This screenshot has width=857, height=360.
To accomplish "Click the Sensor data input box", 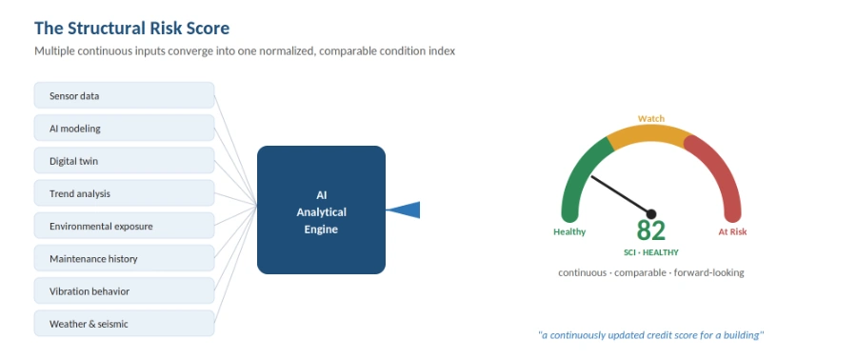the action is (x=124, y=95).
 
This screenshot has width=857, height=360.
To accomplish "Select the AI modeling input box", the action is (x=124, y=129).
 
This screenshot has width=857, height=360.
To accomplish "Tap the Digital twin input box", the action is (x=124, y=161).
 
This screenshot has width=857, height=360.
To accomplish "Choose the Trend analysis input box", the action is (x=124, y=193).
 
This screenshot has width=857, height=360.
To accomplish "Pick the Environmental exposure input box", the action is (x=124, y=226).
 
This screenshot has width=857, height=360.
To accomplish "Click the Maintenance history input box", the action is (x=124, y=258).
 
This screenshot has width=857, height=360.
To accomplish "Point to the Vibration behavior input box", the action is (x=124, y=290).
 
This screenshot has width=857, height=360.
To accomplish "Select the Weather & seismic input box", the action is (x=124, y=324).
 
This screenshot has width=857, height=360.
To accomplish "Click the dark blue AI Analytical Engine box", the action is (x=322, y=210).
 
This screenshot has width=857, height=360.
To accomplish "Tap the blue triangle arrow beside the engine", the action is (x=408, y=210).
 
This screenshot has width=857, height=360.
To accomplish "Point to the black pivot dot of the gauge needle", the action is (x=651, y=214).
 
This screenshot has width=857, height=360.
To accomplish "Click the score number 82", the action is (x=651, y=230).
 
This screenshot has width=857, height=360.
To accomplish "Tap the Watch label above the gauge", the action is (x=651, y=118).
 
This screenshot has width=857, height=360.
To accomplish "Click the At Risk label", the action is (x=732, y=231).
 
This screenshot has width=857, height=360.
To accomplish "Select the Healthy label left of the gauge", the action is (x=569, y=231).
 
